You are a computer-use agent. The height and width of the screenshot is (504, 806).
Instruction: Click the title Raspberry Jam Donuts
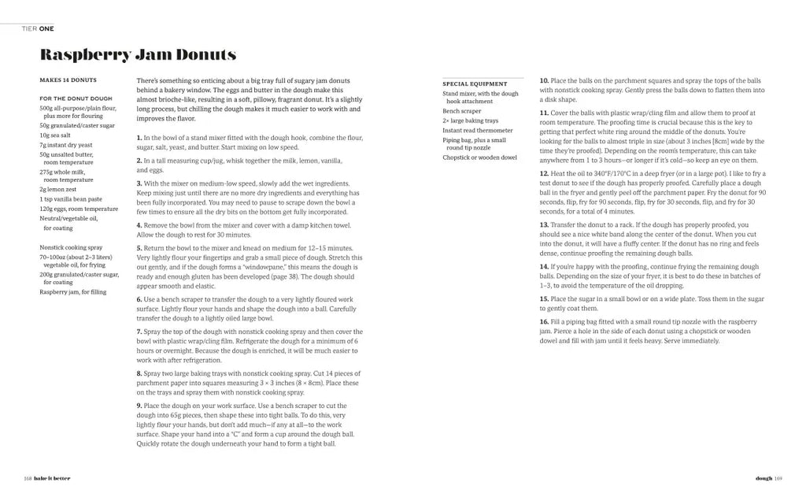pos(138,55)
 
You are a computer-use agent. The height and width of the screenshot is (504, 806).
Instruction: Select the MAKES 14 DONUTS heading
pos(68,80)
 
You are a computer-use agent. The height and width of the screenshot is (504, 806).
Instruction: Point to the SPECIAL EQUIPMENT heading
pos(475,83)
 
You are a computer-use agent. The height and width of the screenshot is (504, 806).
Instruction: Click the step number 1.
pos(139,138)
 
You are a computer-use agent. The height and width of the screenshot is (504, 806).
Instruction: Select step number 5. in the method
pos(139,248)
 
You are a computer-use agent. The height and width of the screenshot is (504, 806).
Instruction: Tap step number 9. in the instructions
pos(139,405)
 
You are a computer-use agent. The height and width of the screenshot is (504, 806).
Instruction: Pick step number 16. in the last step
pos(544,322)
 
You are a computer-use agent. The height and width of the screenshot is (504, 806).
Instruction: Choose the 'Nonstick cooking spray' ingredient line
pos(71,246)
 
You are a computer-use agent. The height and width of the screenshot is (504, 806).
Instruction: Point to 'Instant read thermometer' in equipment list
pos(478,130)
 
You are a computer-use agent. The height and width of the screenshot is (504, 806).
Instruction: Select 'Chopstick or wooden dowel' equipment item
pos(479,157)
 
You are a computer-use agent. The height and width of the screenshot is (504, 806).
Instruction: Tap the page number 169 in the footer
pos(778,477)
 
